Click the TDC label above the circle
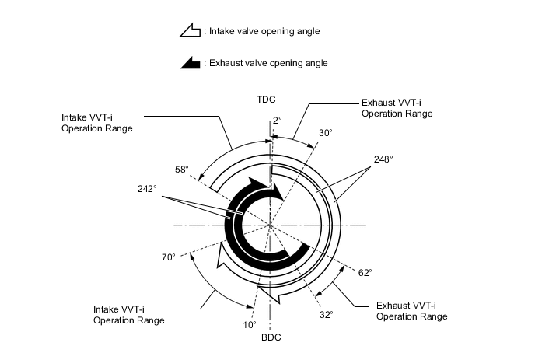[x=267, y=99]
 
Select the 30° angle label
[x=325, y=133]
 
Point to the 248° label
[x=383, y=159]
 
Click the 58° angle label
[x=182, y=169]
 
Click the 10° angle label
[x=249, y=325]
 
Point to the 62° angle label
[x=365, y=272]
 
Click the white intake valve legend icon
[x=189, y=32]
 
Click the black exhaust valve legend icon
[x=189, y=64]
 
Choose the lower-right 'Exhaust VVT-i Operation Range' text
[x=411, y=311]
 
